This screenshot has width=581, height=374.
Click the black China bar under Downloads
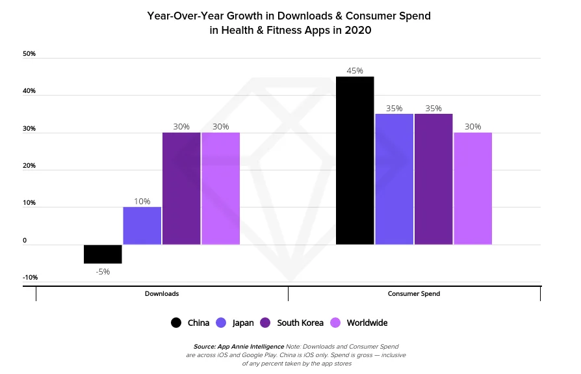pyautogui.click(x=103, y=254)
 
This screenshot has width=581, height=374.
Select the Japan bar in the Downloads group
pyautogui.click(x=142, y=226)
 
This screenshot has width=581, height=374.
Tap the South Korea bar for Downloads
pyautogui.click(x=181, y=189)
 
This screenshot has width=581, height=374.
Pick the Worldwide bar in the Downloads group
pyautogui.click(x=221, y=189)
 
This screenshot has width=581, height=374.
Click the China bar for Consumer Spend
pyautogui.click(x=355, y=161)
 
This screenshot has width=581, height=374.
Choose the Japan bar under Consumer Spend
pyautogui.click(x=394, y=180)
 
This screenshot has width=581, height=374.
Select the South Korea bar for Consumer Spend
pyautogui.click(x=433, y=180)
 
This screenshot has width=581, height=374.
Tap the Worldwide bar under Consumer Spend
pyautogui.click(x=472, y=189)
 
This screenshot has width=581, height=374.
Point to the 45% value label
pyautogui.click(x=355, y=70)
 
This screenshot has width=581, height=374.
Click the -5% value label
pyautogui.click(x=102, y=271)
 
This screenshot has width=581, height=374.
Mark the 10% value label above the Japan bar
pyautogui.click(x=142, y=201)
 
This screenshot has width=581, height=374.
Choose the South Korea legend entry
pyautogui.click(x=292, y=323)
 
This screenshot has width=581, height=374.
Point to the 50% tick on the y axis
pyautogui.click(x=29, y=54)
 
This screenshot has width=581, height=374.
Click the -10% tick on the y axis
pyautogui.click(x=30, y=277)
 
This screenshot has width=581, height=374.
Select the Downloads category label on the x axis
pyautogui.click(x=162, y=294)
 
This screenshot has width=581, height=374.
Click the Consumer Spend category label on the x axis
pyautogui.click(x=414, y=294)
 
